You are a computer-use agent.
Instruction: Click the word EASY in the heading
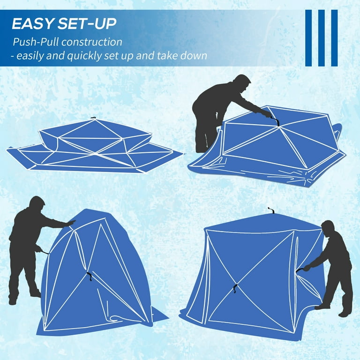pyautogui.click(x=32, y=23)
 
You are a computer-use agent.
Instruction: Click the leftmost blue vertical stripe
pyautogui.click(x=308, y=38)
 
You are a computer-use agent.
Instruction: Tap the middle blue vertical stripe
pyautogui.click(x=321, y=38)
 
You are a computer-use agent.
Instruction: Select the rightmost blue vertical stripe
pyautogui.click(x=334, y=38)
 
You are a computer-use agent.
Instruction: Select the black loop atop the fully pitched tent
pyautogui.click(x=271, y=210)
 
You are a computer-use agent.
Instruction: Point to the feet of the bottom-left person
pyautogui.click(x=23, y=297)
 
